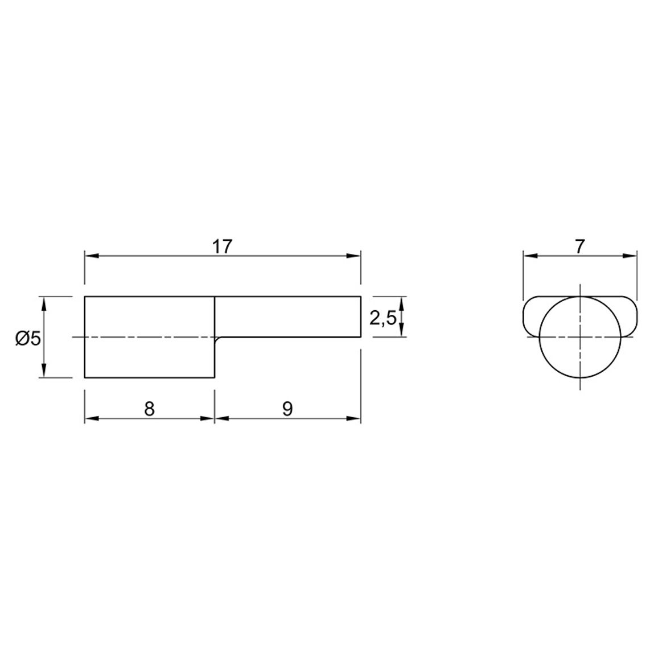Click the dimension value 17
[x=222, y=247]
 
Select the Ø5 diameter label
[x=28, y=338]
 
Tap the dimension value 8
[x=149, y=409]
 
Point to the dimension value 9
[x=287, y=409]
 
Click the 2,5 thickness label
[x=383, y=319]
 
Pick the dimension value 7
[x=579, y=247]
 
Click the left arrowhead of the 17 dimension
[x=92, y=256]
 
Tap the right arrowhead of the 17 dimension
[x=353, y=256]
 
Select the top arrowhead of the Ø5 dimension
[x=44, y=303]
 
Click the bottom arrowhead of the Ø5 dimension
[x=44, y=371]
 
